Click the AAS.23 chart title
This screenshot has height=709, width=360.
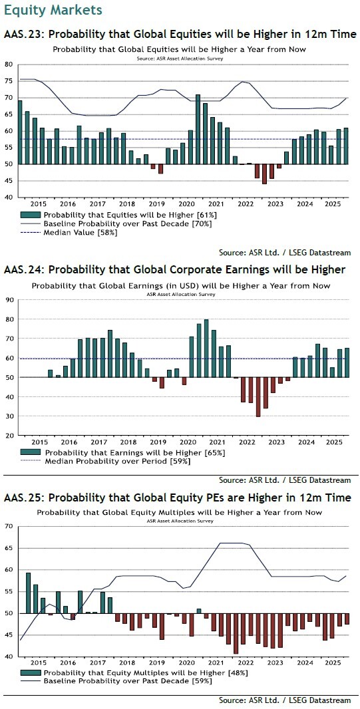tap(180, 34)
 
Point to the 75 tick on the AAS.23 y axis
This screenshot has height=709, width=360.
tap(9, 81)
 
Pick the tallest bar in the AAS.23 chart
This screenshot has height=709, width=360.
tap(198, 130)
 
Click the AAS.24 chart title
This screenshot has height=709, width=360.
tap(174, 269)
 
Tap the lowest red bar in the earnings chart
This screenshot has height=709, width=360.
tap(258, 396)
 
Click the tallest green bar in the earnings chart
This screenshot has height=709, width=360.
tap(206, 348)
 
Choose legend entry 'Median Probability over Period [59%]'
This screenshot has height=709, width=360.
tap(116, 461)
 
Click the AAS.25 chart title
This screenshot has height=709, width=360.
tap(177, 497)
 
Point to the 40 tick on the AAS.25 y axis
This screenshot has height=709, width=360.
tap(9, 656)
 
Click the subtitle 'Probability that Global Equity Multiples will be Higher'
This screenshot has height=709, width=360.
tap(180, 513)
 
